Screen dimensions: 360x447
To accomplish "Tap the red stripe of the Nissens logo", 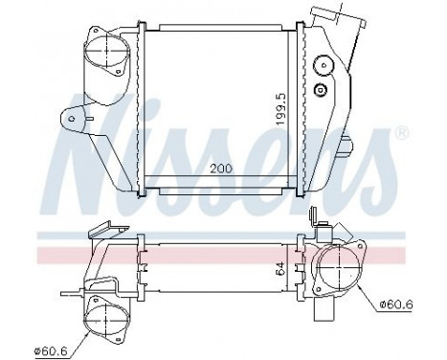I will click(220, 251).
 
